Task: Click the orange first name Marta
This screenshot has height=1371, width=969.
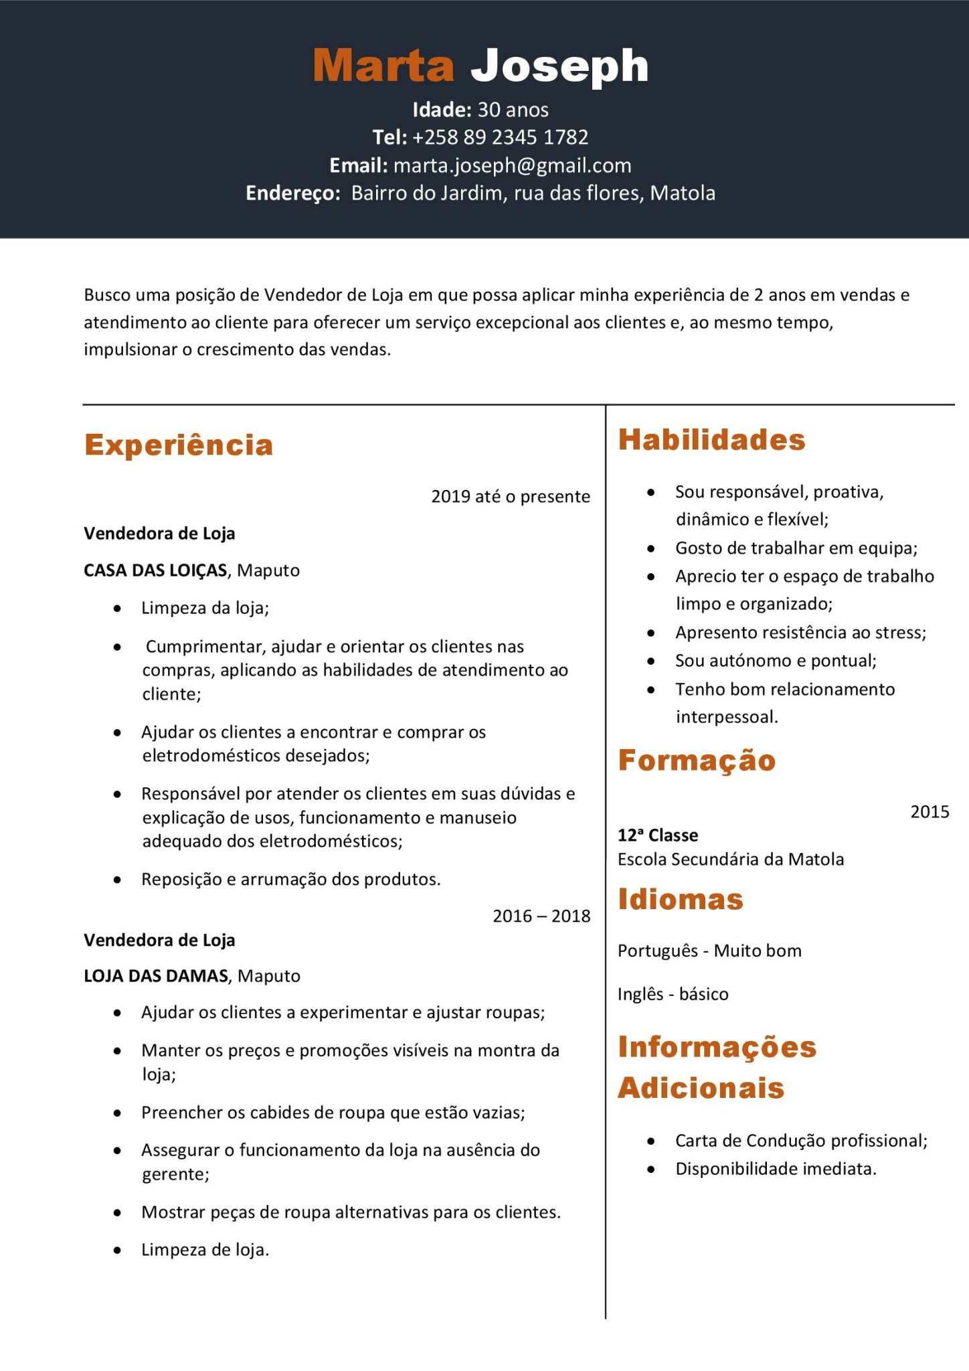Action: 383,66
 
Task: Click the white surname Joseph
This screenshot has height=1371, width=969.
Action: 559,66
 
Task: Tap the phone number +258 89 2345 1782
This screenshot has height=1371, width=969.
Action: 500,137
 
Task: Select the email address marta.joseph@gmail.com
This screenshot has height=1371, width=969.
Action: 512,165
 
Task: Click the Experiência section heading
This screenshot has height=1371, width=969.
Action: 179,445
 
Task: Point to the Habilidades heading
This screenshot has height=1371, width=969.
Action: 711,440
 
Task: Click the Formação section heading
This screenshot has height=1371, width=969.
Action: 697,760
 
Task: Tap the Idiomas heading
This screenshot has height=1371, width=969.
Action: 681,899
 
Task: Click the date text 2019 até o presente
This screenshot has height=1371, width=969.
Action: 511,497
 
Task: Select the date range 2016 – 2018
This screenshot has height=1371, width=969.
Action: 541,916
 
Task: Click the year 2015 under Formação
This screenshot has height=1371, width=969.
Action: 930,812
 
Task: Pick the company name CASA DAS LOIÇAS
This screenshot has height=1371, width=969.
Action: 155,570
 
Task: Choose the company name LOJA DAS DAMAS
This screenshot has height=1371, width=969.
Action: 156,976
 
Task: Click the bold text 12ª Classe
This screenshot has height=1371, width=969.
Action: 657,835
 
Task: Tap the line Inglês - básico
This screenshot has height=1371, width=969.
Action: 673,994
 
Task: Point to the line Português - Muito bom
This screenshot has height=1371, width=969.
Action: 709,951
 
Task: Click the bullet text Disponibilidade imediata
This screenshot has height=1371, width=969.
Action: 776,1169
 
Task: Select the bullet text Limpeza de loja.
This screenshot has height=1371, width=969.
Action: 205,1250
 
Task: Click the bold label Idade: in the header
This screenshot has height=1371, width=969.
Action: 442,110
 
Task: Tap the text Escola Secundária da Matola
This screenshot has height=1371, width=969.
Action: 730,860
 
